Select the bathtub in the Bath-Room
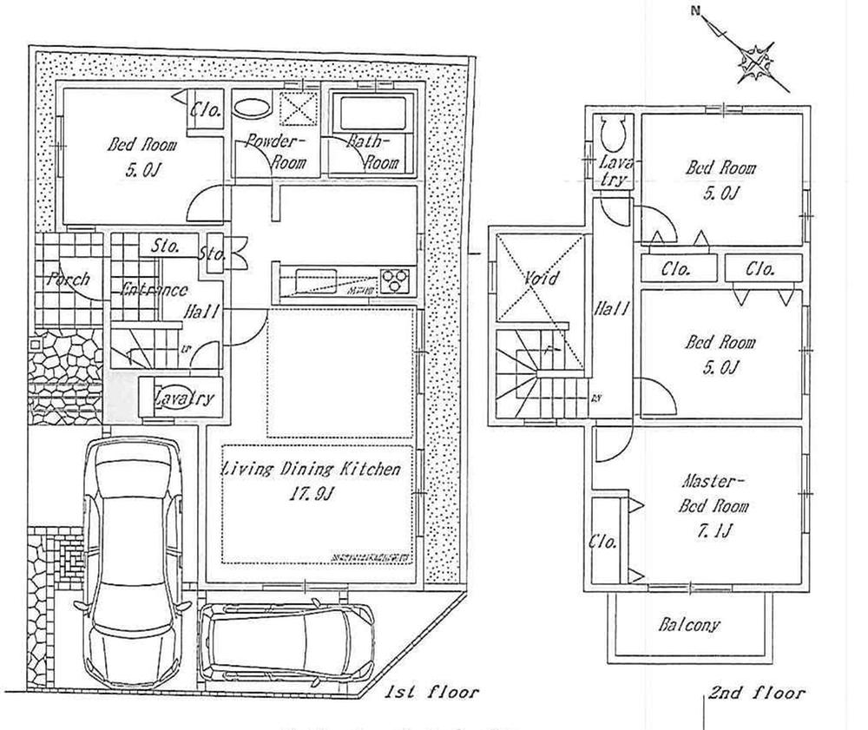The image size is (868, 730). point(368,114)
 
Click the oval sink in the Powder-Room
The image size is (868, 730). point(253,110)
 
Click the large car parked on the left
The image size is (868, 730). point(135,556)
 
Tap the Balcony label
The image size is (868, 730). point(688,624)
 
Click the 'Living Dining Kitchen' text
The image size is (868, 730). point(312,470)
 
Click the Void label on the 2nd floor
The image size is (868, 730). point(540,279)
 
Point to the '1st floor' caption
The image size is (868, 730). point(432,692)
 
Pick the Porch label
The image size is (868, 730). point(68,280)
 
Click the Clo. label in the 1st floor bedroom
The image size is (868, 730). point(207,110)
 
